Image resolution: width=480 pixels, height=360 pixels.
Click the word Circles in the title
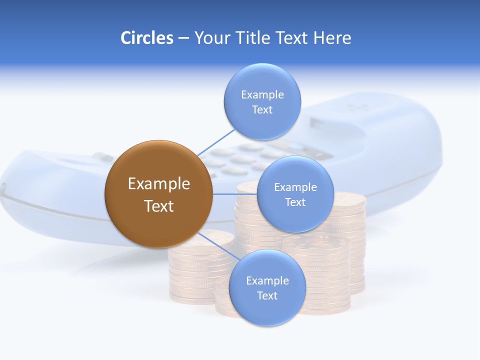click(x=146, y=38)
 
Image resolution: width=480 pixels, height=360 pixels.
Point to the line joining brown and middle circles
click(x=234, y=193)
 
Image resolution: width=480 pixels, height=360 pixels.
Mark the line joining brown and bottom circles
click(x=218, y=246)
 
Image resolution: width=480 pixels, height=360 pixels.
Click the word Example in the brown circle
click(x=158, y=183)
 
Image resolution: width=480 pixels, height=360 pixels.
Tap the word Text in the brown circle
click(x=158, y=206)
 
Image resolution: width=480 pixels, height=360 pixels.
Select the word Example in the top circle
click(x=262, y=94)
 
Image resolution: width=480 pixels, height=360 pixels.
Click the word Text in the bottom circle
click(x=267, y=295)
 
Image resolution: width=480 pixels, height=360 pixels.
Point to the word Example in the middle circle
click(x=295, y=187)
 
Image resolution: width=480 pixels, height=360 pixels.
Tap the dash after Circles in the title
click(x=183, y=38)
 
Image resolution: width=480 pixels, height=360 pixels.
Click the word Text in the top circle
click(x=262, y=109)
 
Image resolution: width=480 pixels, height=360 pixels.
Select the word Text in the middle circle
click(x=295, y=202)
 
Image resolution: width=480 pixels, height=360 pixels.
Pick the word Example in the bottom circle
click(x=267, y=280)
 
